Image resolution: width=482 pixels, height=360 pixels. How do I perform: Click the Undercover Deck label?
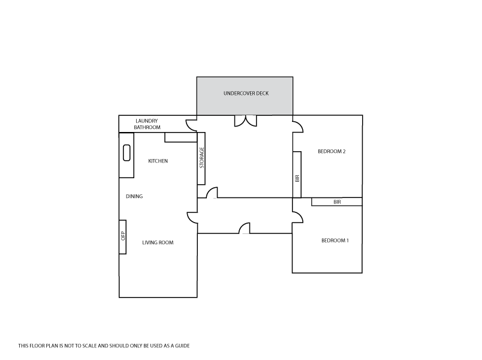[245, 94]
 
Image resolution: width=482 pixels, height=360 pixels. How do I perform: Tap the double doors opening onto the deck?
[245, 120]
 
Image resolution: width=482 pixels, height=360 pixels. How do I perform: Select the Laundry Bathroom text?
[147, 124]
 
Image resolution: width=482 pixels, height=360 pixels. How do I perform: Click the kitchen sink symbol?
[126, 153]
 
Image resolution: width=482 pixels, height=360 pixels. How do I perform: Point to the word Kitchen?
[158, 161]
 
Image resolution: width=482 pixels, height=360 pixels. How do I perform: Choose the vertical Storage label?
[202, 158]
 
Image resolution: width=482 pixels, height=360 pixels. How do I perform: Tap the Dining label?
[134, 196]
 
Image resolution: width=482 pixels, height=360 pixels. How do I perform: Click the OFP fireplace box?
[123, 236]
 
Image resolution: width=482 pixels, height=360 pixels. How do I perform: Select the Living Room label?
[158, 242]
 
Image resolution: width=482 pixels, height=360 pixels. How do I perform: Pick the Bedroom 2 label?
[332, 151]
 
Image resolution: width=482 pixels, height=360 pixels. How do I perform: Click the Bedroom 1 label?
[335, 241]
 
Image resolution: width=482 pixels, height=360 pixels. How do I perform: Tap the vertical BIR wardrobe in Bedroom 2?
[297, 174]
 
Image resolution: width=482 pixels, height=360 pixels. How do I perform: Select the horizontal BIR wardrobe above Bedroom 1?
[336, 202]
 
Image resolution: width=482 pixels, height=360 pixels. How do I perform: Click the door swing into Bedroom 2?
[298, 126]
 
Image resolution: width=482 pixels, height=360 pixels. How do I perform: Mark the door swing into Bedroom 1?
[298, 217]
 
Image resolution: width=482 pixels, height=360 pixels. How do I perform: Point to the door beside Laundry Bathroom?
[191, 125]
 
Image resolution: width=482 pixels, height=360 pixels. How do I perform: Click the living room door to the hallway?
[192, 218]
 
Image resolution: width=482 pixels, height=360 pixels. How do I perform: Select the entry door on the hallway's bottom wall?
[244, 229]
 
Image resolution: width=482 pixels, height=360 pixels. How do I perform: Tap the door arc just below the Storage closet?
[211, 192]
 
